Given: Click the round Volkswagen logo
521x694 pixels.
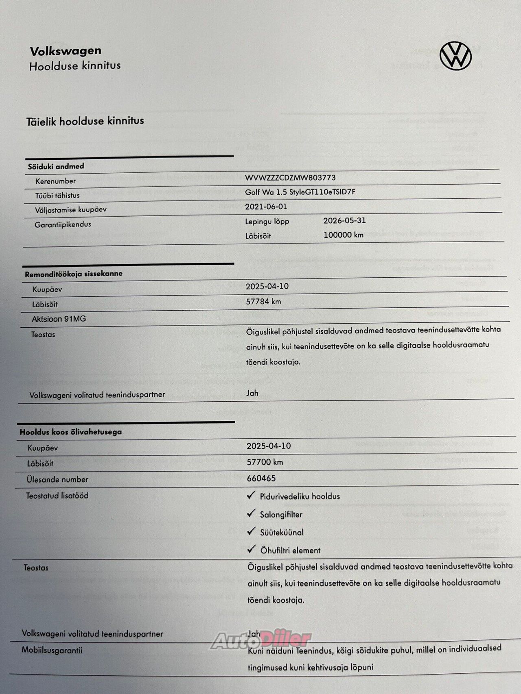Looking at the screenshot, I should click(456, 56).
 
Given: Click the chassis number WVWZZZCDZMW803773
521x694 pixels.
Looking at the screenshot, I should click(290, 178).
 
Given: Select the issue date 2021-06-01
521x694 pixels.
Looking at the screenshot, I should click(266, 207).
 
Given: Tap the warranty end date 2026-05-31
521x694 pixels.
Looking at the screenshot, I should click(344, 220).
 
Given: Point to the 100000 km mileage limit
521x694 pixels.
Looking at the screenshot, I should click(343, 235).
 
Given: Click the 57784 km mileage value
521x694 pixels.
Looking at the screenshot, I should click(263, 301).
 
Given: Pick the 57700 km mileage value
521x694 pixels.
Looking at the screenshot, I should click(265, 462).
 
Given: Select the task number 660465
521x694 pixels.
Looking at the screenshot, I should click(261, 478).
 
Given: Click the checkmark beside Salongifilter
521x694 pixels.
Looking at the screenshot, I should click(251, 513).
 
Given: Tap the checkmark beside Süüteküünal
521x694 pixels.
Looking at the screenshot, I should click(251, 531).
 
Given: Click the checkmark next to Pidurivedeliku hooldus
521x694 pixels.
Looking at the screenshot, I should click(251, 495).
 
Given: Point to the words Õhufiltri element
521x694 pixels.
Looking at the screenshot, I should click(290, 550).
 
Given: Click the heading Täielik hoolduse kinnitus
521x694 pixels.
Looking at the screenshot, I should click(85, 121).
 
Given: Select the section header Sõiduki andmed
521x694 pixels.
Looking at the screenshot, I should click(56, 166).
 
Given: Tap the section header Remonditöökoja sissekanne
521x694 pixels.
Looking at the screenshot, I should click(74, 274).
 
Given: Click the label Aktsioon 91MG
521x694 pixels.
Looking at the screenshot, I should click(59, 319).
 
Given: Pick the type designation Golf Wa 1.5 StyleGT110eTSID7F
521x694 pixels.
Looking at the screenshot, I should click(300, 192).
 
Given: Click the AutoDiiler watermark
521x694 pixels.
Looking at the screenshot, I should click(260, 640).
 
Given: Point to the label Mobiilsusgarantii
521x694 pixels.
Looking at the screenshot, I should click(52, 650).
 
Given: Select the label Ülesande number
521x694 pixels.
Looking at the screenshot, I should click(57, 479).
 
